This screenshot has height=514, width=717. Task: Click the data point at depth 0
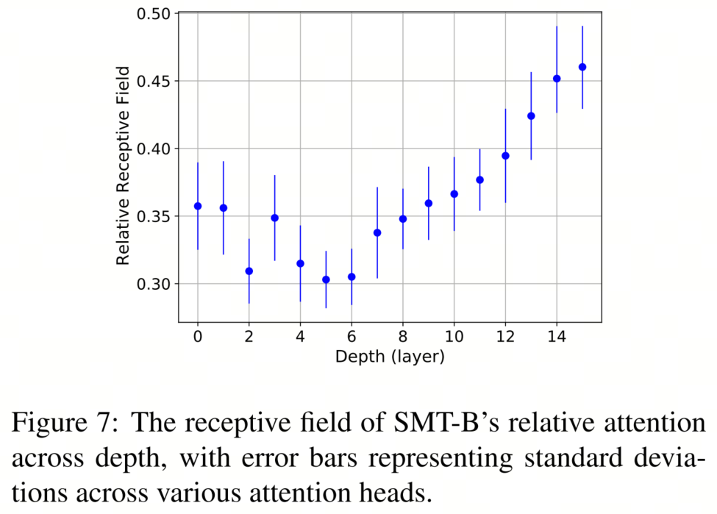click(x=198, y=206)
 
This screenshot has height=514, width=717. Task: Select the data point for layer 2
click(x=249, y=271)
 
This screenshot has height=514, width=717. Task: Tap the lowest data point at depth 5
click(x=326, y=279)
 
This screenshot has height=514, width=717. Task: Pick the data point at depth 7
click(x=377, y=232)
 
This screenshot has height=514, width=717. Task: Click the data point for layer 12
click(x=505, y=156)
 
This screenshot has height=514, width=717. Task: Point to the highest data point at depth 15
click(x=582, y=67)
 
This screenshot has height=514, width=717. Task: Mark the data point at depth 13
click(x=531, y=116)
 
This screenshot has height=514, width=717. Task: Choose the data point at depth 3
click(x=274, y=218)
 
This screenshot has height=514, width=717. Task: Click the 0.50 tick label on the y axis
click(x=153, y=13)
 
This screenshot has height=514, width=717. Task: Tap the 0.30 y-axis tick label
click(x=153, y=284)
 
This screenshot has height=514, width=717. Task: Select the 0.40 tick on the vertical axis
click(x=153, y=149)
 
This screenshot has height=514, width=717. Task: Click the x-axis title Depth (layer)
click(x=390, y=357)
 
